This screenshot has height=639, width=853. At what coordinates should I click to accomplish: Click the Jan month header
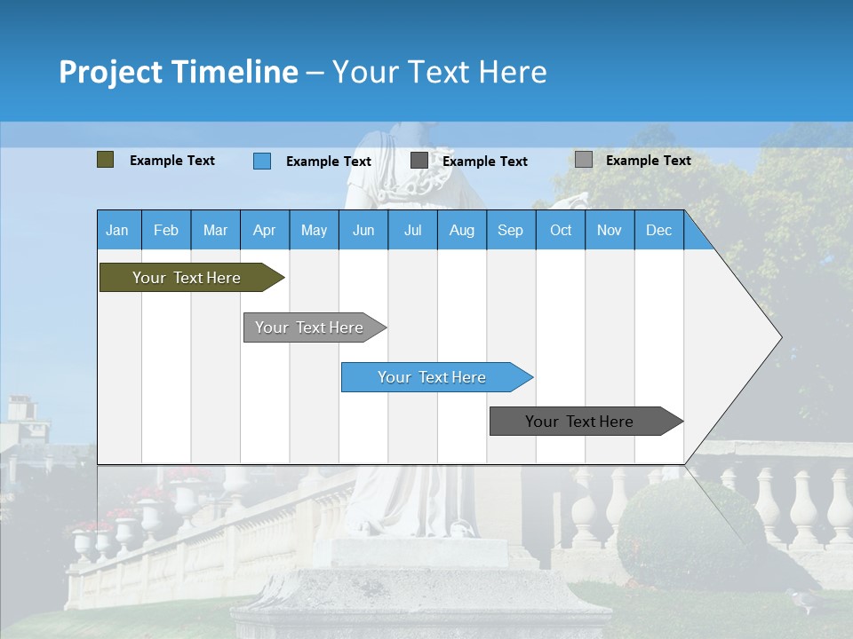[x=117, y=230]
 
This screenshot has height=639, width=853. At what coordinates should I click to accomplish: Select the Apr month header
[x=264, y=230]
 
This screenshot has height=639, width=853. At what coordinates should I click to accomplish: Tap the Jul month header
[x=412, y=230]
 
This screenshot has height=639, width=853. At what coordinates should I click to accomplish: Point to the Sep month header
[x=510, y=230]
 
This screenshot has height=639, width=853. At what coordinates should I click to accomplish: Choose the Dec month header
[x=658, y=230]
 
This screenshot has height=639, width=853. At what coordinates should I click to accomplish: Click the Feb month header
[x=166, y=230]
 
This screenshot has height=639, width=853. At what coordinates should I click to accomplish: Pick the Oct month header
[x=561, y=230]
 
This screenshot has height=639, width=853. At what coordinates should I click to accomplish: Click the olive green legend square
[x=106, y=160]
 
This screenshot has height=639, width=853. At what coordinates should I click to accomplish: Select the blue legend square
[x=262, y=161]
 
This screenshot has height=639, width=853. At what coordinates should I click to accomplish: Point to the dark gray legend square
[x=419, y=161]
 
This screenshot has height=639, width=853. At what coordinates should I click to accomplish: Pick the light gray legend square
[x=584, y=160]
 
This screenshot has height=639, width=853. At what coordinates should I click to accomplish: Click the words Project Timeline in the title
[x=179, y=72]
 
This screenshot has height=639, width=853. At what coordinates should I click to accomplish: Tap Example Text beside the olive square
[x=172, y=161]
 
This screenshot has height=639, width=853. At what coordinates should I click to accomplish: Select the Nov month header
[x=610, y=230]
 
